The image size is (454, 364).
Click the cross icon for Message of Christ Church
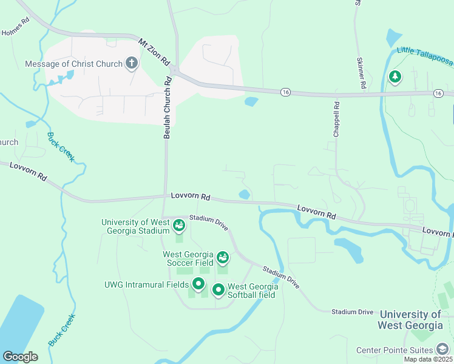pos(132,63)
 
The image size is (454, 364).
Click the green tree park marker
pos(395,76)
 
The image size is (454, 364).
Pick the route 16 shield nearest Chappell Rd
pos(286,92)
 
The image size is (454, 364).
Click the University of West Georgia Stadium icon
pos(179,226)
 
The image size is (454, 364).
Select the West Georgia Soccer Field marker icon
pos(223,258)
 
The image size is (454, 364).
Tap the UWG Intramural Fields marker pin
pos(198,283)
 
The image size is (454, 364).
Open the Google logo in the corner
pos(20,357)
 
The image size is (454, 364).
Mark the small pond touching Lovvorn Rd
pos(245,194)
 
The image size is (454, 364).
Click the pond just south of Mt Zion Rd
pos(251,101)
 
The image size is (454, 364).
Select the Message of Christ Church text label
pos(74,64)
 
